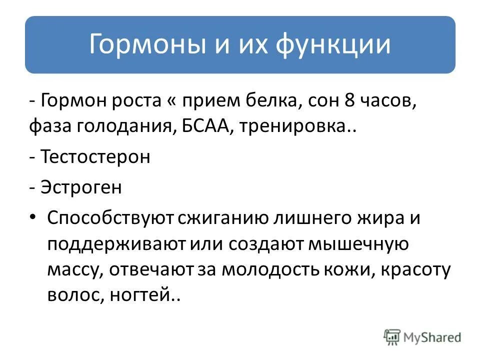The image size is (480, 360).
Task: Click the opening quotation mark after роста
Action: coord(167,102)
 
